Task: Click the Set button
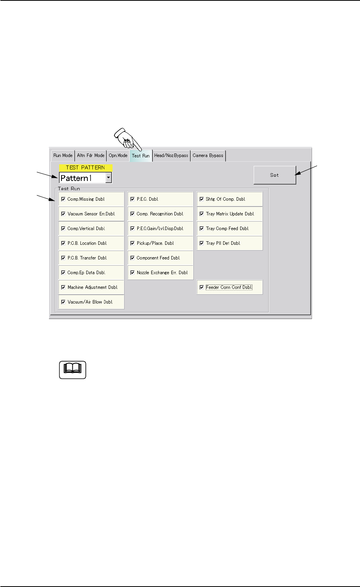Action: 275,175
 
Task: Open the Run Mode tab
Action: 63,155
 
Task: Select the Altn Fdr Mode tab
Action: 90,155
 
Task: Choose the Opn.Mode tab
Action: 118,155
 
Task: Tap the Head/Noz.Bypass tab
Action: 171,155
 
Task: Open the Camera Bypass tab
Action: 208,155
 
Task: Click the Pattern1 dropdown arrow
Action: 109,178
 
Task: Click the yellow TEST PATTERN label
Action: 85,168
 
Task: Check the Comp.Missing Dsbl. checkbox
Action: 63,199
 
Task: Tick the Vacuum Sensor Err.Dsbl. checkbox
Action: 63,214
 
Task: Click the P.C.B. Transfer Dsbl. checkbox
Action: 63,258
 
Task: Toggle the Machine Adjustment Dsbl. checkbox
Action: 63,287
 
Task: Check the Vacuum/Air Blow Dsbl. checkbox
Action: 63,302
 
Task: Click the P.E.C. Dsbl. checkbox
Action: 133,199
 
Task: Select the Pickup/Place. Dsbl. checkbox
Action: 133,243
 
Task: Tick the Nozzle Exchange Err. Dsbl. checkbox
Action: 133,273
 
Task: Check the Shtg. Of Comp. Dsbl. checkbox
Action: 201,199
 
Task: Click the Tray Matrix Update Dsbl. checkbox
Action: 201,214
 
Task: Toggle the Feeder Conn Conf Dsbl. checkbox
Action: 201,287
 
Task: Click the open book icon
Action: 72,370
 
